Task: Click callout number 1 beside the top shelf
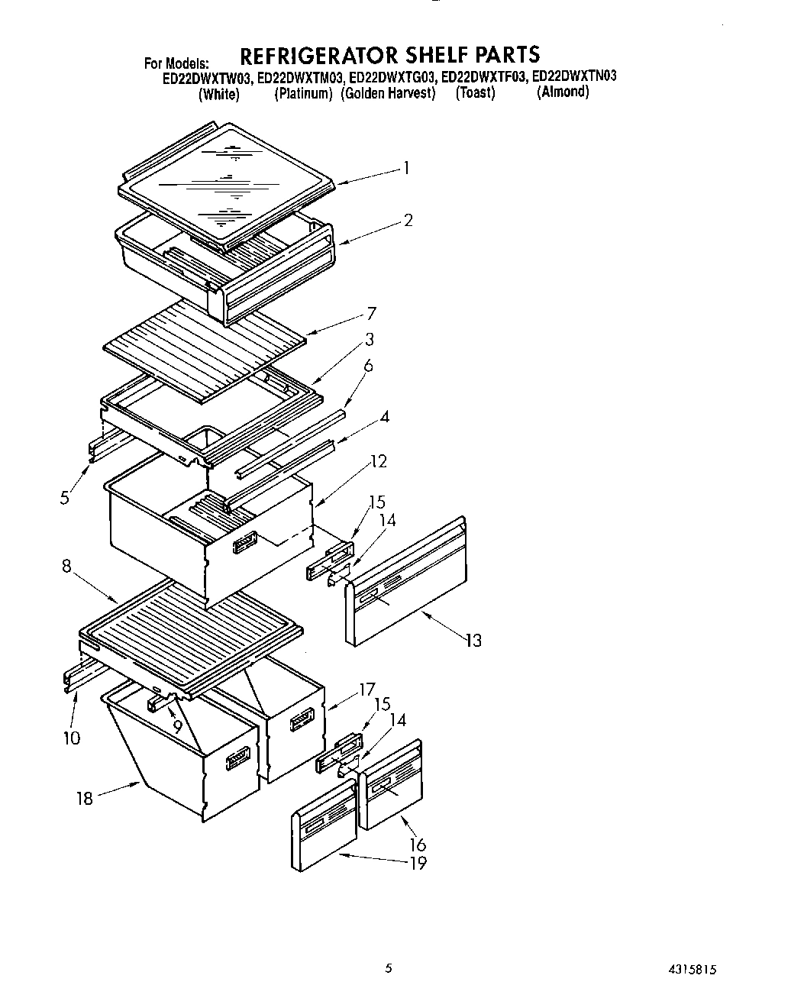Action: (407, 168)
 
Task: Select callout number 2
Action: (408, 221)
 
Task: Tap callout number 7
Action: (372, 313)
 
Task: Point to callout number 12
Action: (378, 461)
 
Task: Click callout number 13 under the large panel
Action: (473, 640)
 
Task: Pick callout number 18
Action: (84, 798)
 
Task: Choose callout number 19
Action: (418, 863)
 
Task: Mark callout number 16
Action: (418, 845)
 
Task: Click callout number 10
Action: (72, 738)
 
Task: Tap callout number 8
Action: (66, 567)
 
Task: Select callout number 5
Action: (65, 498)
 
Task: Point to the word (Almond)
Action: (563, 92)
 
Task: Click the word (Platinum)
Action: (304, 93)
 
